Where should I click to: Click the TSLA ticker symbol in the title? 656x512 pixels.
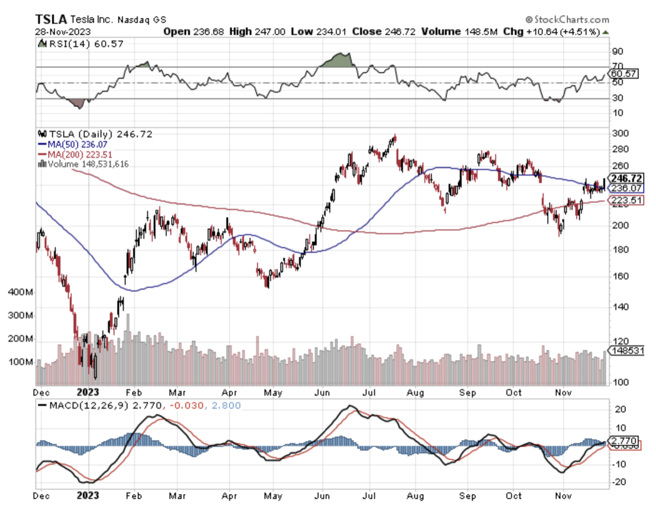[x=51, y=19]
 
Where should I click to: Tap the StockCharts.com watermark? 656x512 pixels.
[x=567, y=20]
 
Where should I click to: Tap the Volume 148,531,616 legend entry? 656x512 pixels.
[x=84, y=163]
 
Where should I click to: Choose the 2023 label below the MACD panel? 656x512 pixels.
[x=87, y=496]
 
